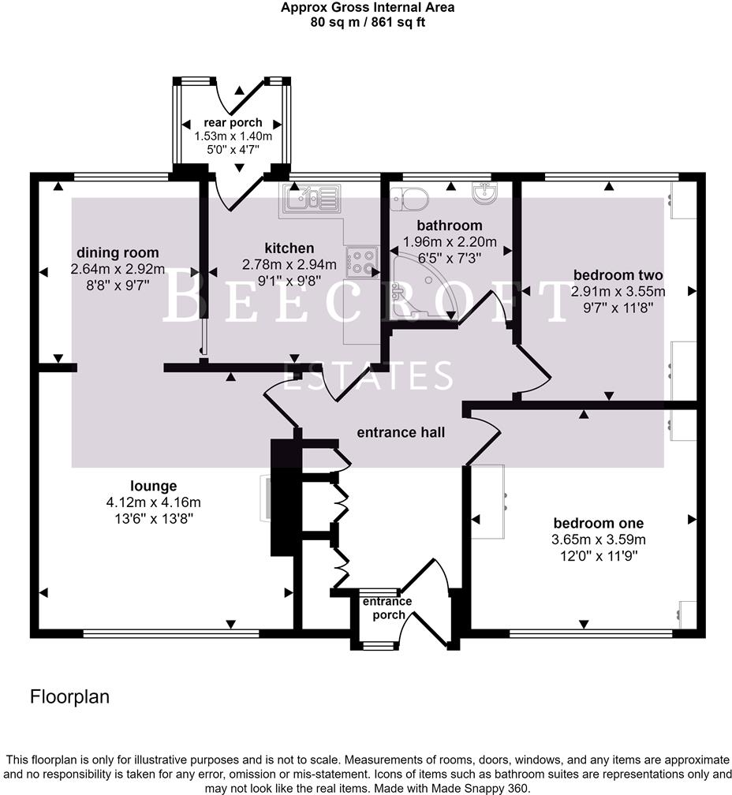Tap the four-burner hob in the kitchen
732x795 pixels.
pyautogui.click(x=363, y=261)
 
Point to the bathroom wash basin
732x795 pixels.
pyautogui.click(x=484, y=193)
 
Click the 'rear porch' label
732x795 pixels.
pyautogui.click(x=233, y=123)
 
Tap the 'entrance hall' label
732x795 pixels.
pyautogui.click(x=401, y=432)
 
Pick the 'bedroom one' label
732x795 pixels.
pyautogui.click(x=598, y=524)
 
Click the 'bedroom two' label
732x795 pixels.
pyautogui.click(x=618, y=275)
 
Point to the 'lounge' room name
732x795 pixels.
pyautogui.click(x=154, y=486)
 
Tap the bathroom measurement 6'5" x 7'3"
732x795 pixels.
pyautogui.click(x=450, y=257)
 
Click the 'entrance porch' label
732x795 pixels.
pyautogui.click(x=387, y=608)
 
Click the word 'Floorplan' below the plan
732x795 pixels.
pyautogui.click(x=69, y=697)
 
